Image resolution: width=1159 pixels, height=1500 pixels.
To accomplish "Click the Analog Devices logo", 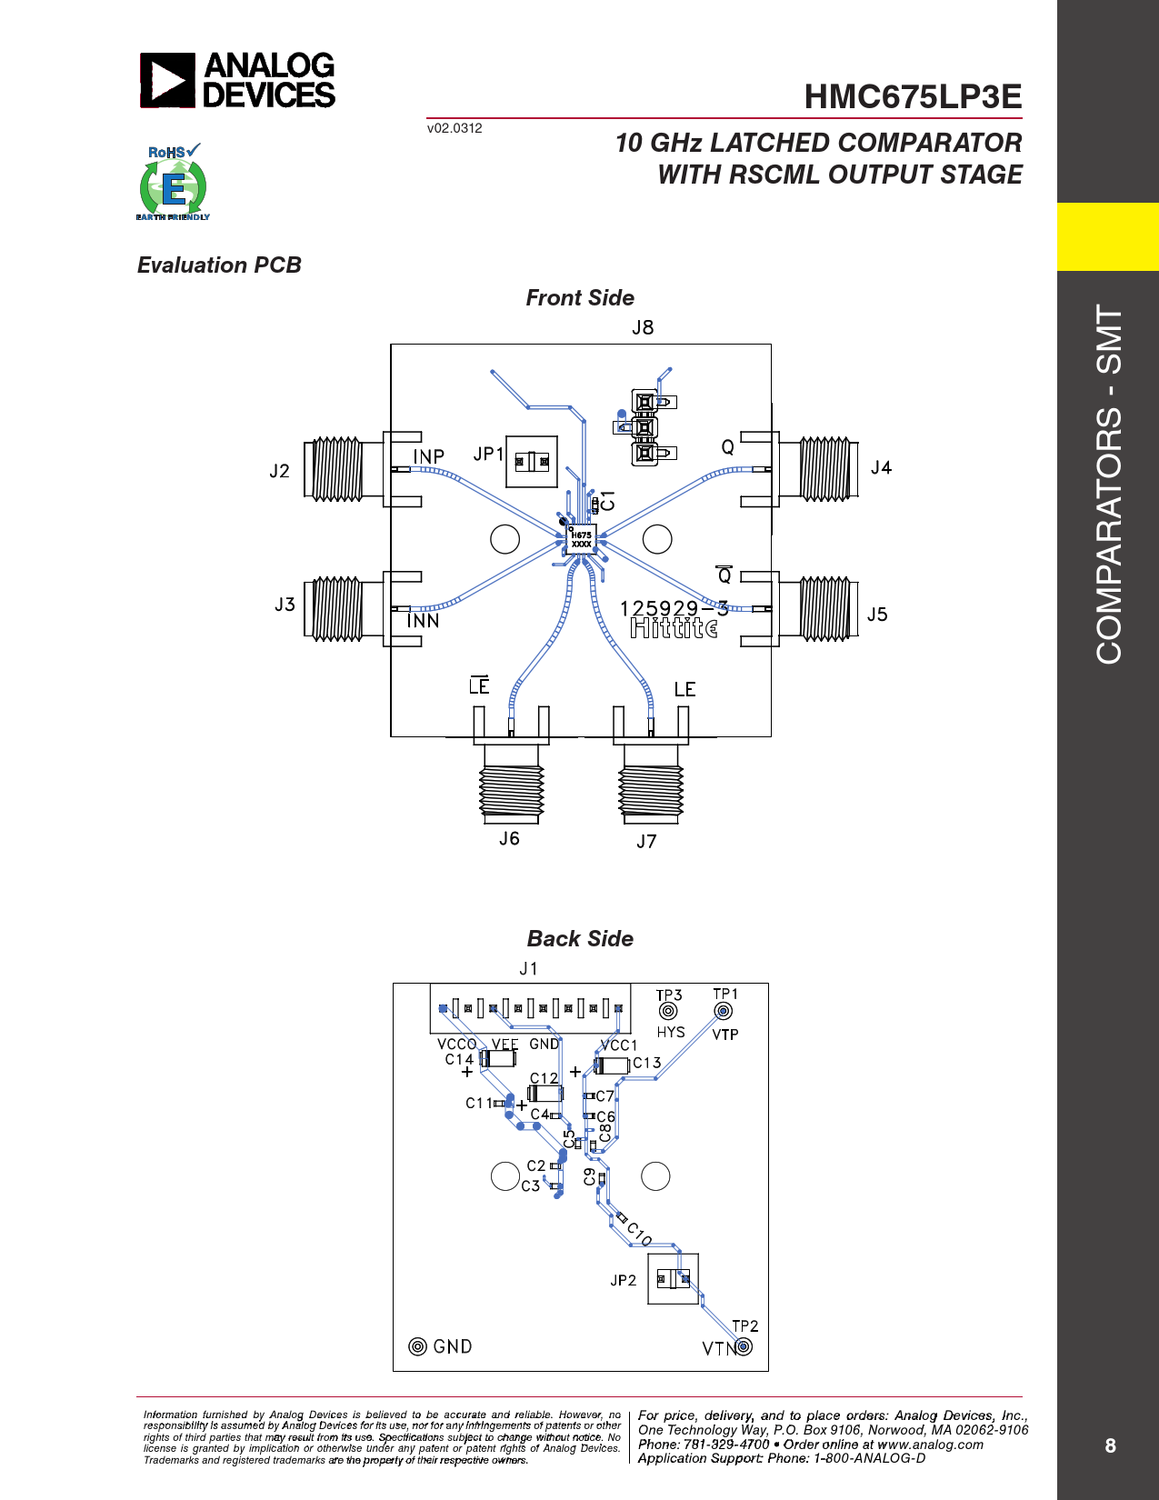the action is (x=236, y=80).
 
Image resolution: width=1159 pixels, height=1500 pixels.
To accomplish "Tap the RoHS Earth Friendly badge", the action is (x=173, y=182).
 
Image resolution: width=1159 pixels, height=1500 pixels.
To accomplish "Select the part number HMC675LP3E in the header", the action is (x=913, y=96).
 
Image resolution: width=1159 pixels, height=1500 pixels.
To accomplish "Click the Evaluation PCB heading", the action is (x=219, y=265).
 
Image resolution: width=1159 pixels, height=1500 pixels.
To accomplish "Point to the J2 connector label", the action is (x=280, y=471).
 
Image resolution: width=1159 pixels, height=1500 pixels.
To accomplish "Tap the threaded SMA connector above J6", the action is (x=511, y=785).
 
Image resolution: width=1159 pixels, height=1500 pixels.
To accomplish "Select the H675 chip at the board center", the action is (x=581, y=540).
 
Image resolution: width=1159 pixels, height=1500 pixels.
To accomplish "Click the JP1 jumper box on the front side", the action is (x=532, y=461).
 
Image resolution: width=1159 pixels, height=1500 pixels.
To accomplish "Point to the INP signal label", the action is (x=429, y=456).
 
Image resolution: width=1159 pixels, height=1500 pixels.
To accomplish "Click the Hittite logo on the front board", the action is (x=674, y=628).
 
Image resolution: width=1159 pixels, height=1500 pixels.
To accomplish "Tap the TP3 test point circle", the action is (x=667, y=1011).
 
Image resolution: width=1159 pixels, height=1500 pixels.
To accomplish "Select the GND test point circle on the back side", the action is (x=417, y=1346).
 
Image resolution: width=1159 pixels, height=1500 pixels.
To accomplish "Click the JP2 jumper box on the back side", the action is (x=673, y=1278).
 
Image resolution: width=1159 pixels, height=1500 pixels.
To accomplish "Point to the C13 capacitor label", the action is (x=647, y=1063).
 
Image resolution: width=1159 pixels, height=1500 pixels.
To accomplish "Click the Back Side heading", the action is (x=580, y=939).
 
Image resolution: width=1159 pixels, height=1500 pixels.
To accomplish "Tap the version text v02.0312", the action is (x=455, y=128).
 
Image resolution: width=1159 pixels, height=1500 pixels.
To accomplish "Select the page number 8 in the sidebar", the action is (x=1110, y=1445).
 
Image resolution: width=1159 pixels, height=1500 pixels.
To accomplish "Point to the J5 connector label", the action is (x=877, y=615).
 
